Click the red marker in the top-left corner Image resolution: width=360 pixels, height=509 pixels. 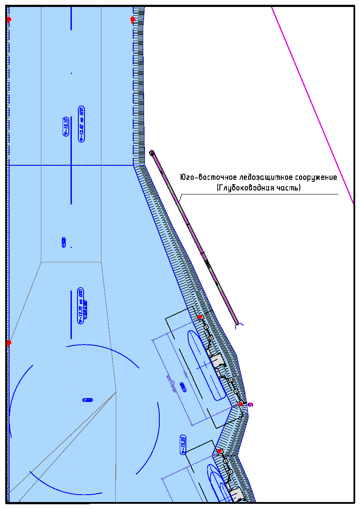(9, 20)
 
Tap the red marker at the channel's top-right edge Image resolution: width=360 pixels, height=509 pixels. (133, 20)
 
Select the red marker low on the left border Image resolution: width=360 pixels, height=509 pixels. (9, 343)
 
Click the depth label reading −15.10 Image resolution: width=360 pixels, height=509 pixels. (66, 127)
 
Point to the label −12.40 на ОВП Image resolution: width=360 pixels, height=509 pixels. (81, 124)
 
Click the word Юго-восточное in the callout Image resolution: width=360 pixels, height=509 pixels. (208, 177)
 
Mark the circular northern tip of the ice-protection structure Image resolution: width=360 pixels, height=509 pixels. (151, 153)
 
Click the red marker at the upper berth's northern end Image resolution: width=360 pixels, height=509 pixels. (200, 317)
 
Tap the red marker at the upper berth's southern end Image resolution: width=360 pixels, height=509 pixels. (241, 404)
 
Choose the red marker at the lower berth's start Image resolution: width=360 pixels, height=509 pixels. (220, 451)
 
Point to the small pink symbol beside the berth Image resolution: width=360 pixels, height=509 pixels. (250, 405)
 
